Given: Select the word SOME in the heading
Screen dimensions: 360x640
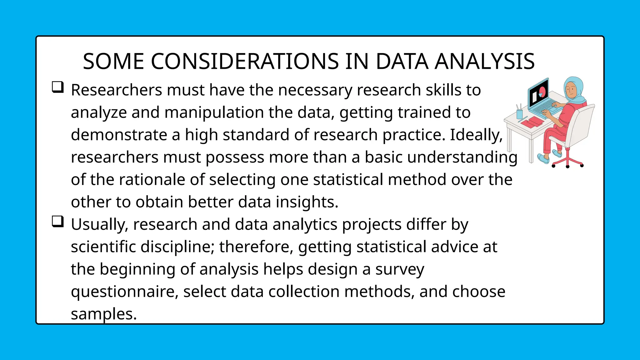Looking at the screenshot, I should tap(113, 61).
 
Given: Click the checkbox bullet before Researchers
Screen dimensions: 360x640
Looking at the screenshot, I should tap(58, 87).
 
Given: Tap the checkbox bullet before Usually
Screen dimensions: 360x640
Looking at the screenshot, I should tap(58, 222).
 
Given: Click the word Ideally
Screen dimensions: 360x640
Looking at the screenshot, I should tap(476, 135).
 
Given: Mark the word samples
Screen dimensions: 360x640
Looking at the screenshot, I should tap(104, 314).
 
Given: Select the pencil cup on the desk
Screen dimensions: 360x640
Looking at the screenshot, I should tap(519, 114).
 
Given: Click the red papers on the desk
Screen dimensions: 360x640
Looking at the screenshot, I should tap(532, 122).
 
